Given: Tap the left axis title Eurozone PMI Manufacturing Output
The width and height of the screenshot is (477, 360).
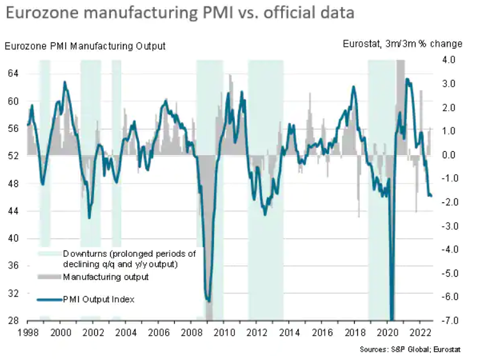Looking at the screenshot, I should point(85,45).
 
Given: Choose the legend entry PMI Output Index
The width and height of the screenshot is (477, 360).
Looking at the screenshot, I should point(99,299).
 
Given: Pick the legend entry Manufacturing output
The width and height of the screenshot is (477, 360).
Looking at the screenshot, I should point(106,277).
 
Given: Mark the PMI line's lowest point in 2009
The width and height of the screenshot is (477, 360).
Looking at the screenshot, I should point(209,300).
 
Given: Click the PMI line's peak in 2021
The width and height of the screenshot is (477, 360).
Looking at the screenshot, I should point(408,79).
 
